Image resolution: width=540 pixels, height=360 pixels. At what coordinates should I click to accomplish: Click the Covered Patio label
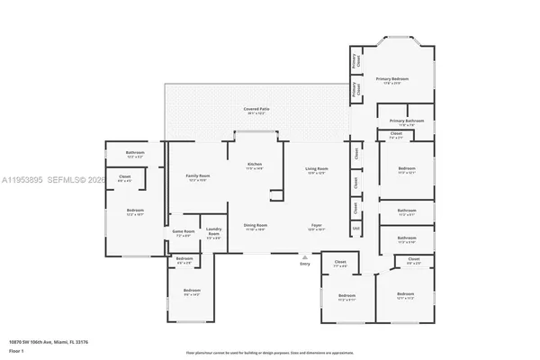[256, 108]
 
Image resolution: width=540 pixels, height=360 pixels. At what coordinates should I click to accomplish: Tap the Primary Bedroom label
[392, 78]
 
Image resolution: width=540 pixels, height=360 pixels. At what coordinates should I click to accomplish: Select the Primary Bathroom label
[407, 121]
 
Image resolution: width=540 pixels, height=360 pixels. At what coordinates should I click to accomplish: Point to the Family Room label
[198, 175]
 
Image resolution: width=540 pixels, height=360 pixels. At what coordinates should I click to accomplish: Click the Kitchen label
[255, 164]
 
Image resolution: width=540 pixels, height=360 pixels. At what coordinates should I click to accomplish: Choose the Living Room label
[316, 168]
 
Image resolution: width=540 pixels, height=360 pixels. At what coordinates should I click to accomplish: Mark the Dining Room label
[256, 225]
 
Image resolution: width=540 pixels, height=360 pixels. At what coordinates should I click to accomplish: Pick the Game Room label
[183, 231]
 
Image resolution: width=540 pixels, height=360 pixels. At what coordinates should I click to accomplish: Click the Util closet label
[356, 228]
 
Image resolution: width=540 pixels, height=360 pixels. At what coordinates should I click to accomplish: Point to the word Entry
[304, 263]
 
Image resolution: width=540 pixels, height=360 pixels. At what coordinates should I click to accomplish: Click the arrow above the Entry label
[304, 256]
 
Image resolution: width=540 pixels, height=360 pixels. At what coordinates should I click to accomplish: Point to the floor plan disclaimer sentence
[270, 353]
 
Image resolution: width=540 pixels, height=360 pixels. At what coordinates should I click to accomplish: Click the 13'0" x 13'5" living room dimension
[316, 173]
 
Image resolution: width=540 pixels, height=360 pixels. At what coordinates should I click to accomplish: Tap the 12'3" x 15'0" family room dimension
[198, 180]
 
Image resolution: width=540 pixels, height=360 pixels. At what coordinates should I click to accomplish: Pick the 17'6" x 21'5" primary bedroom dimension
[392, 83]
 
